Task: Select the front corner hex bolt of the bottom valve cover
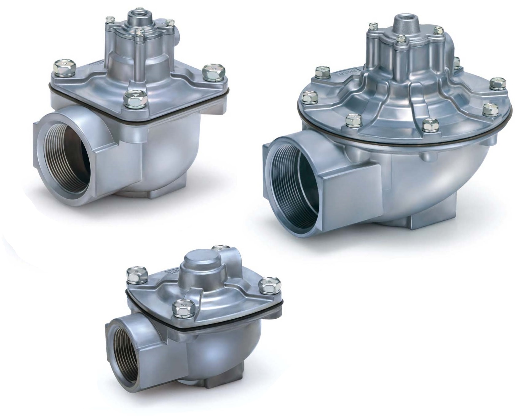[181, 308]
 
